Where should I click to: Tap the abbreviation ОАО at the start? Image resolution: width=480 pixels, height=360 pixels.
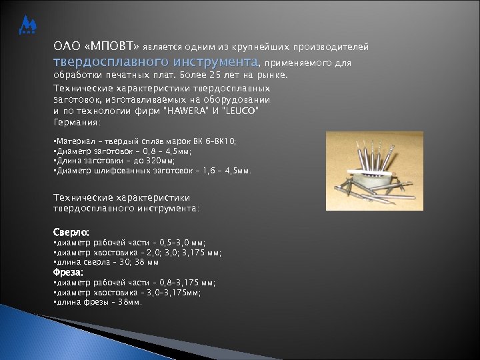(65, 47)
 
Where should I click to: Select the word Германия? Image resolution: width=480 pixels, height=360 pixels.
(76, 123)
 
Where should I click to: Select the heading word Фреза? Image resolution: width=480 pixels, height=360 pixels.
(69, 273)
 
